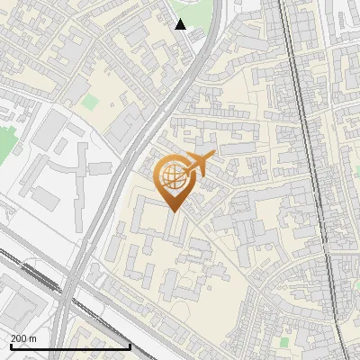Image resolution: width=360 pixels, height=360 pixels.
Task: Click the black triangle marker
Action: coord(181,24)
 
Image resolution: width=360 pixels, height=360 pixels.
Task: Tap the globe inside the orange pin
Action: coord(171,178)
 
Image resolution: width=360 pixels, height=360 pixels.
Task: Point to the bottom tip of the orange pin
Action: coord(172,212)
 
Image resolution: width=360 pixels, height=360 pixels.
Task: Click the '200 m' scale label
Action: coord(24,338)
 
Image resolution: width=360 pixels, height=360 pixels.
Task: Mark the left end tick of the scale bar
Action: coord(10,346)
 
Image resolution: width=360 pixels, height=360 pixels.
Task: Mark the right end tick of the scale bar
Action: coord(130,346)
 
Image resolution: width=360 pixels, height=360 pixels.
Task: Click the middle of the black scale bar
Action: coord(70,347)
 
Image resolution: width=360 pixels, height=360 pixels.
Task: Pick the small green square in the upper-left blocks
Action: coord(88,103)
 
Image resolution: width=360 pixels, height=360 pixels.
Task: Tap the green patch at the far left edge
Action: coord(5,144)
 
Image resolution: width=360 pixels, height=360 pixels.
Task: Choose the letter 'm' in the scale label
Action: coord(33,338)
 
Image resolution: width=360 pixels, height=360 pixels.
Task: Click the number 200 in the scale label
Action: coord(20,338)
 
